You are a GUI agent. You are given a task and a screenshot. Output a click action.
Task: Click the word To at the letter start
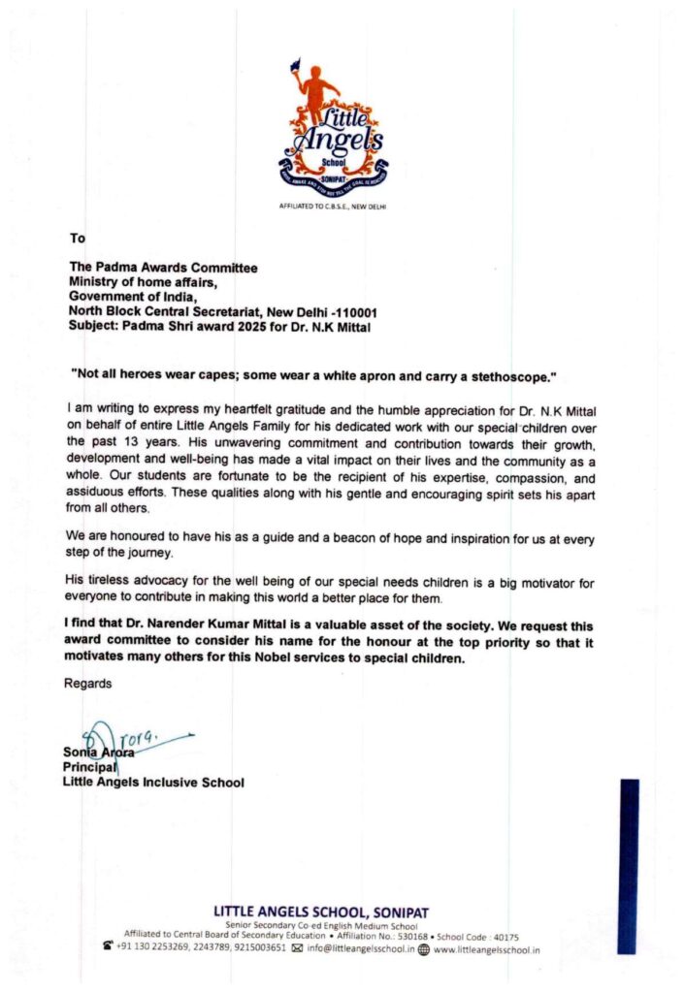[x=78, y=237]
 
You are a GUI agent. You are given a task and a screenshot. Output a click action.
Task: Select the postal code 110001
[x=355, y=311]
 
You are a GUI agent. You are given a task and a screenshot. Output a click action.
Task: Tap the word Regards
[x=87, y=684]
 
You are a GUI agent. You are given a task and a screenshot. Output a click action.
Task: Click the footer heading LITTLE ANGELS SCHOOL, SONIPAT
[x=320, y=912]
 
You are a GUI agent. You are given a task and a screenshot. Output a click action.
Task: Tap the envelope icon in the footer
[x=297, y=949]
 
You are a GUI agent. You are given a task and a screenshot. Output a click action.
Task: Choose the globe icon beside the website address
[x=423, y=949]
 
